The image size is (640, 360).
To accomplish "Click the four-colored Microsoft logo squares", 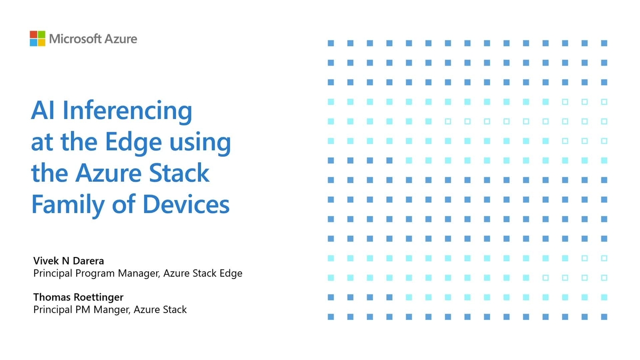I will point(37,38).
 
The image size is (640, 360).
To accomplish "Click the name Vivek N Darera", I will point(68,261).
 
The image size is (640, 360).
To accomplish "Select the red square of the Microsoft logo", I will point(34,35).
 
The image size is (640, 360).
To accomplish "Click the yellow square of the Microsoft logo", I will point(42,43).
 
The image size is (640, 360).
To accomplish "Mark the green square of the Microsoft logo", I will point(42,35).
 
